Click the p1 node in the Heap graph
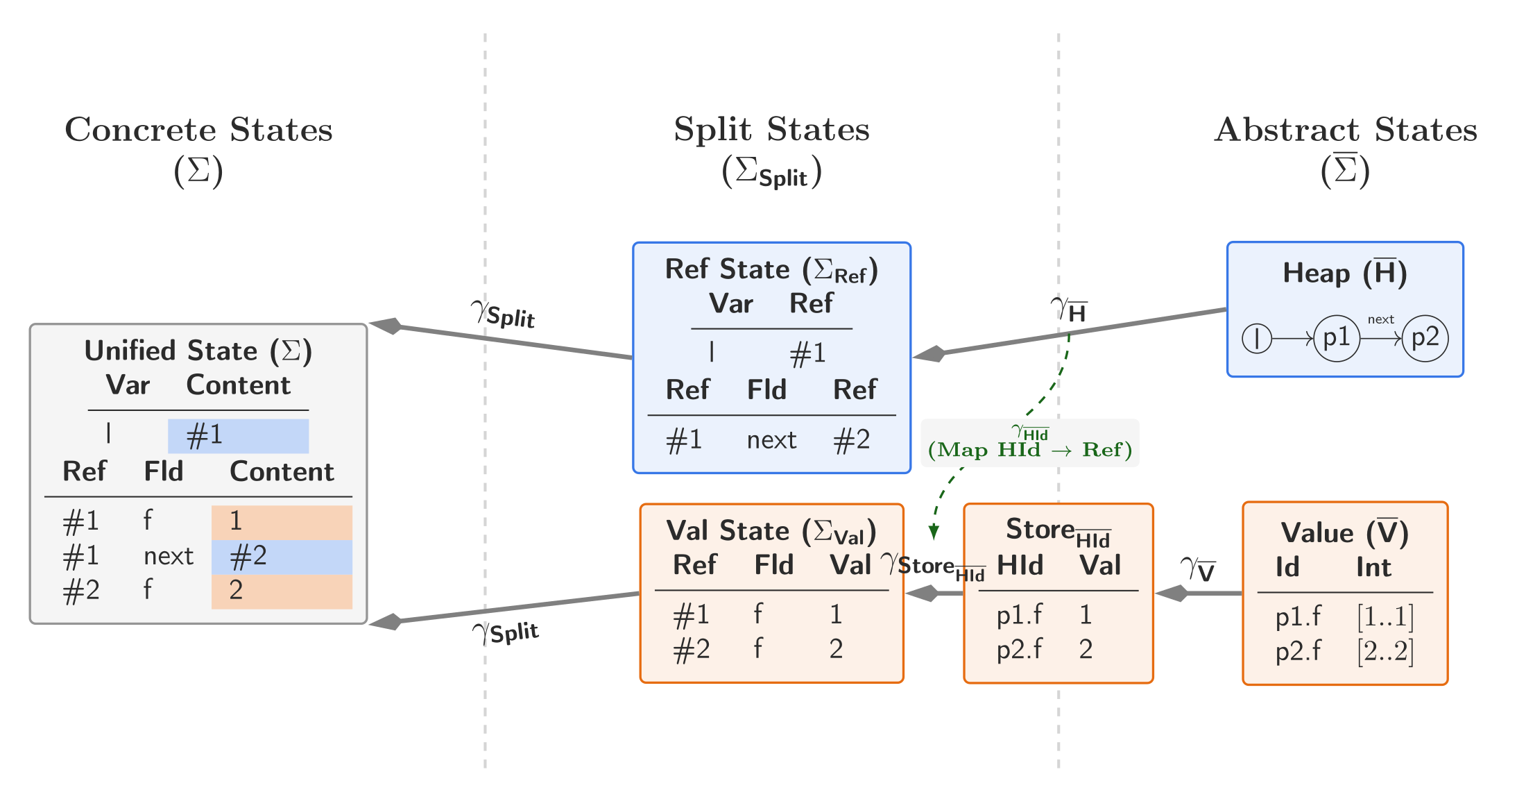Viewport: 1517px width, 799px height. tap(1336, 338)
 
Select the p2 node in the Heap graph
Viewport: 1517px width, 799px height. tap(1425, 338)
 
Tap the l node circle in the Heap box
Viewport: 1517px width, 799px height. tap(1256, 339)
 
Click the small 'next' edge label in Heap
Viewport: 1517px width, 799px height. tap(1380, 319)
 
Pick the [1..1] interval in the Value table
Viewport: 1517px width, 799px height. tap(1385, 616)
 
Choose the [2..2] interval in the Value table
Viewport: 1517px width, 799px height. tap(1385, 651)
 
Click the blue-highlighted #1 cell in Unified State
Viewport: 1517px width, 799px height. tap(238, 436)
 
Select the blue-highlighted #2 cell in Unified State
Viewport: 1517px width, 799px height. tap(282, 556)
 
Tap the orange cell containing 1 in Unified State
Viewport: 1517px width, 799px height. tap(282, 521)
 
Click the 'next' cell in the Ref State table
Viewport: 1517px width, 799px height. tap(771, 440)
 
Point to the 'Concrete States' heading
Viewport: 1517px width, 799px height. tap(198, 130)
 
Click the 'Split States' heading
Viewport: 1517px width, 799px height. tap(771, 129)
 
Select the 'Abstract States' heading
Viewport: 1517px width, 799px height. tap(1346, 130)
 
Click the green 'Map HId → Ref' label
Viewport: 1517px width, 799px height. tap(1029, 450)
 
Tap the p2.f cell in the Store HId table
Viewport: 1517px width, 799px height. tap(1019, 649)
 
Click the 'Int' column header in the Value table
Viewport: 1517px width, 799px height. tap(1373, 568)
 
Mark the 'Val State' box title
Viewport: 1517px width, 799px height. tap(771, 531)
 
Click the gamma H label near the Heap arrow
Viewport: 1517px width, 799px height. tap(1068, 309)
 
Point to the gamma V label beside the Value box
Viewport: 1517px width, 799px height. tap(1198, 569)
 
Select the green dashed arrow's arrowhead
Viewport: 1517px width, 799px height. tap(934, 532)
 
